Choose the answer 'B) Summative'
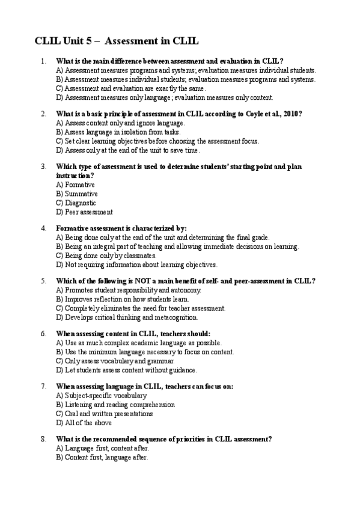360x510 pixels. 77,194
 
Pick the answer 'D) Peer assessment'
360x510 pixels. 84,212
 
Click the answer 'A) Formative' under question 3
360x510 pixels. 75,185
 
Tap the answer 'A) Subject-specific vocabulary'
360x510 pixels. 101,396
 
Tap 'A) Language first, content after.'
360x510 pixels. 102,449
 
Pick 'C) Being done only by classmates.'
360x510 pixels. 106,256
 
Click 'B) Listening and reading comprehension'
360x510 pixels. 115,405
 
